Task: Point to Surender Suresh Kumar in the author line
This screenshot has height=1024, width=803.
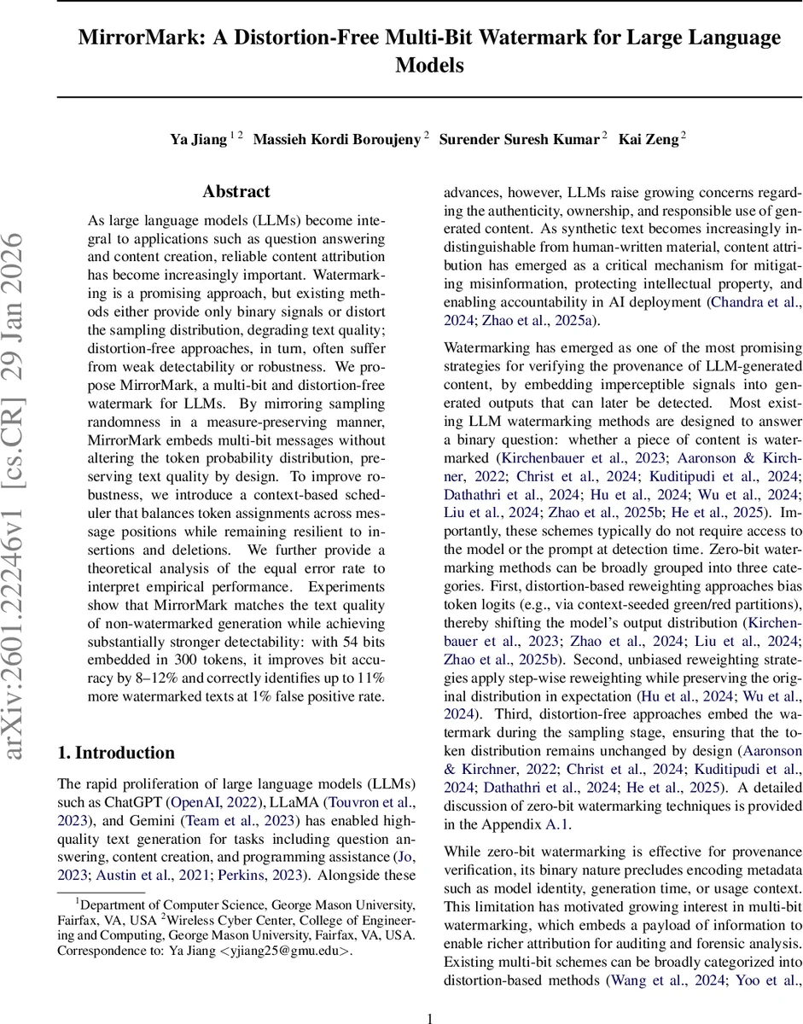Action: pos(519,139)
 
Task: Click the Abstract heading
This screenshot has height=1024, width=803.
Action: pos(236,192)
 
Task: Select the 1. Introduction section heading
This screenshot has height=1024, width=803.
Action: pos(115,752)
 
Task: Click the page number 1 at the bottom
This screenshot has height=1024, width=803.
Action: pos(430,1018)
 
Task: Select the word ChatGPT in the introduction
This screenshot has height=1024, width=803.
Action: pos(139,802)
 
